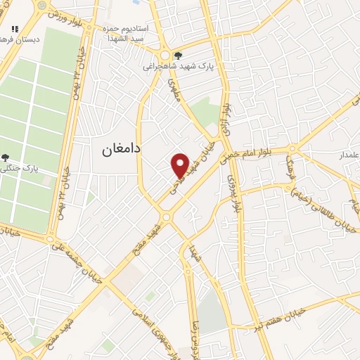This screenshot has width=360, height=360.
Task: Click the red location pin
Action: click(180, 165)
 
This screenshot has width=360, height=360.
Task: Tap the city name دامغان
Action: click(117, 148)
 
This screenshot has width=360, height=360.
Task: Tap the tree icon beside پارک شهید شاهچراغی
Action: click(178, 55)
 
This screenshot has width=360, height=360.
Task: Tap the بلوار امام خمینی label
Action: click(255, 150)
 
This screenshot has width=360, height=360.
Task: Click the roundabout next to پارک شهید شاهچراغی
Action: click(165, 55)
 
